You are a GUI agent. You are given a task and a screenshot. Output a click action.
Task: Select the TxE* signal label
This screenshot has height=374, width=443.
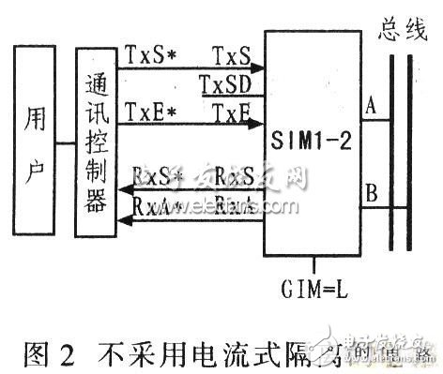[146, 114]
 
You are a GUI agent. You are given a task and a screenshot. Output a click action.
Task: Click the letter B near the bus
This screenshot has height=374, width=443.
[372, 196]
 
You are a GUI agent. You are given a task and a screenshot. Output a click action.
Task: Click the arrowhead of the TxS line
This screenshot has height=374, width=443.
[258, 68]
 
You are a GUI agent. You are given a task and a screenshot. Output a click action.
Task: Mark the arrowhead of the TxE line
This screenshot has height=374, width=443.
[258, 126]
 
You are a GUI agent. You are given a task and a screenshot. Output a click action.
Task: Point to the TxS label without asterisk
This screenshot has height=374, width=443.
[230, 55]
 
